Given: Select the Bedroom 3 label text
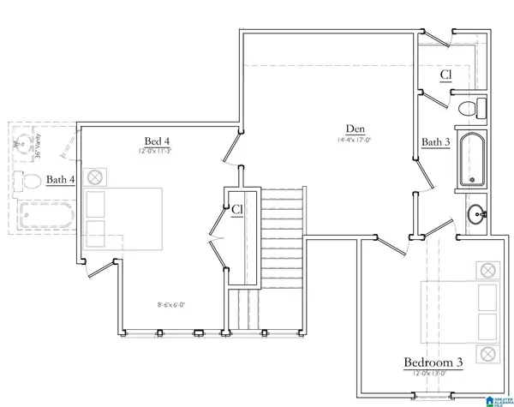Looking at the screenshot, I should pyautogui.click(x=433, y=363).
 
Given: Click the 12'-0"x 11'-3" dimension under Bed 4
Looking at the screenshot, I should pyautogui.click(x=158, y=151).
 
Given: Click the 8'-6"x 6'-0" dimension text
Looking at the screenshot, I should pyautogui.click(x=172, y=304).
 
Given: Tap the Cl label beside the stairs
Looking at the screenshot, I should pyautogui.click(x=236, y=208).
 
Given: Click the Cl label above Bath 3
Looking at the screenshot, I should pyautogui.click(x=446, y=75).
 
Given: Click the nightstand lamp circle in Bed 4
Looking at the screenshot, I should pyautogui.click(x=96, y=177).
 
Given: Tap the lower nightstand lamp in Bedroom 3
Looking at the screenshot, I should pyautogui.click(x=488, y=352).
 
